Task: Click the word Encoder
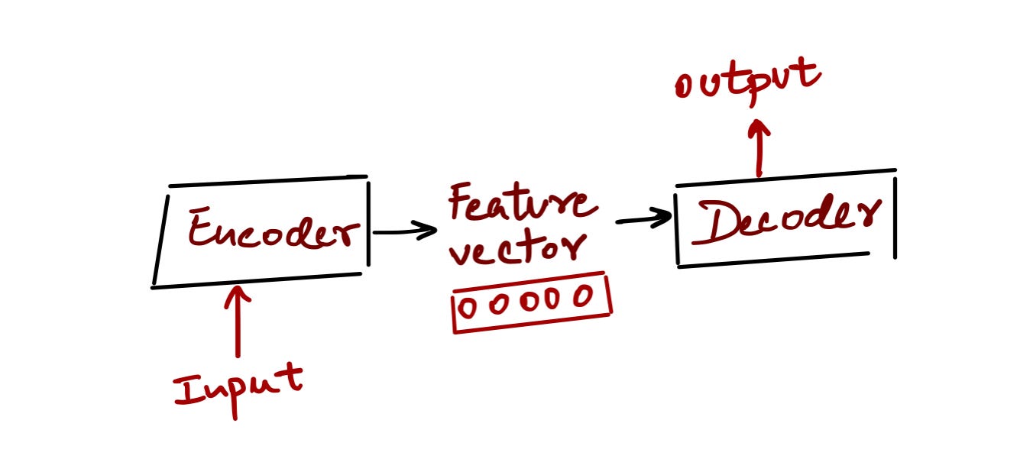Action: coord(274,229)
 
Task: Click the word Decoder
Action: coord(787,219)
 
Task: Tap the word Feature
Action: coord(523,202)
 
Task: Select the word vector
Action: coord(518,249)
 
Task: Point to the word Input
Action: coord(238,389)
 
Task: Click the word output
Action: coord(747,81)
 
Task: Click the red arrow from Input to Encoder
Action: coord(238,322)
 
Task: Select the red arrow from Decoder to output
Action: coord(759,148)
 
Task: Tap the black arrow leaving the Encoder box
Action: coord(405,231)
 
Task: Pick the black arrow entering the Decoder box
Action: coord(644,218)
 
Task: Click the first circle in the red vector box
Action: coord(468,307)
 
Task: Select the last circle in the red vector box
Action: coord(584,296)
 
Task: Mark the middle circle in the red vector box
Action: coord(529,302)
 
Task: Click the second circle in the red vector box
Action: coord(499,304)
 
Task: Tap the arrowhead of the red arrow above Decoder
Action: coord(759,127)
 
